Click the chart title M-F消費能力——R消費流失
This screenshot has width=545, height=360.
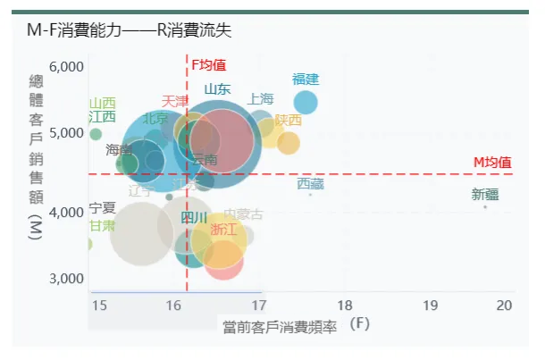pyautogui.click(x=129, y=31)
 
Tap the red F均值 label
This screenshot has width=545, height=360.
pyautogui.click(x=209, y=65)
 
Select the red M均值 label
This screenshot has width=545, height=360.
pyautogui.click(x=491, y=162)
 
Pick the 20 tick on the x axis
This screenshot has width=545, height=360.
pyautogui.click(x=505, y=306)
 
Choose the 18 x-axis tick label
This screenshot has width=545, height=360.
pyautogui.click(x=345, y=306)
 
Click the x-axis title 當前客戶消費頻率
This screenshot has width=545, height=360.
pyautogui.click(x=280, y=327)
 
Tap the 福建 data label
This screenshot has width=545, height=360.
pyautogui.click(x=306, y=80)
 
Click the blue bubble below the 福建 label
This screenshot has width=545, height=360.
pyautogui.click(x=306, y=102)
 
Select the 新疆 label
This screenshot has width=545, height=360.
pyautogui.click(x=486, y=196)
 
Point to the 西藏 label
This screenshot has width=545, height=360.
pyautogui.click(x=310, y=184)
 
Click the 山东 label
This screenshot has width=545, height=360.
pyautogui.click(x=217, y=89)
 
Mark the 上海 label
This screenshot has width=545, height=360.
pyautogui.click(x=261, y=98)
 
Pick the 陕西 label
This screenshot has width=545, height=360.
pyautogui.click(x=288, y=120)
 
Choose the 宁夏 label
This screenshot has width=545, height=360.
pyautogui.click(x=103, y=208)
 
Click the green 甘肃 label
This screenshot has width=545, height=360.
pyautogui.click(x=102, y=225)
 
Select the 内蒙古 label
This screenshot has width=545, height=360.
pyautogui.click(x=243, y=214)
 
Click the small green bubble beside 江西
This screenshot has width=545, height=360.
pyautogui.click(x=96, y=134)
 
